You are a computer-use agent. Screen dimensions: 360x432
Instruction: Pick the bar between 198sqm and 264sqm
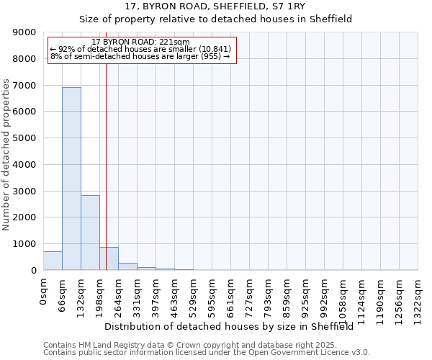coord(109,258)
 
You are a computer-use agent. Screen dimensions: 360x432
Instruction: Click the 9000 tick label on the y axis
coord(24,32)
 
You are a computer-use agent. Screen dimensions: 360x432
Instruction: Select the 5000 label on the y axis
coord(24,138)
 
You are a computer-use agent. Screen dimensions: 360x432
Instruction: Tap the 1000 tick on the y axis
coord(24,244)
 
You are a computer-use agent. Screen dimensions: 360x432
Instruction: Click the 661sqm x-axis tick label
coord(230,294)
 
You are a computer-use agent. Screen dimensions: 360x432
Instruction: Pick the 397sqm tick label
coord(156,294)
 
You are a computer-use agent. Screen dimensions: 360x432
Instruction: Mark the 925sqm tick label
coord(305,294)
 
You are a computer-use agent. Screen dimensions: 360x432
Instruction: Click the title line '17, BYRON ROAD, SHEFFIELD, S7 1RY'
coord(215,6)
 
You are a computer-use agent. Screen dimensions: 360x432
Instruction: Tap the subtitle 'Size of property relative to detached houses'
coord(215,19)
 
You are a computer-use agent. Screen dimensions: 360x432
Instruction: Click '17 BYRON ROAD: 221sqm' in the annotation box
coord(141,42)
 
